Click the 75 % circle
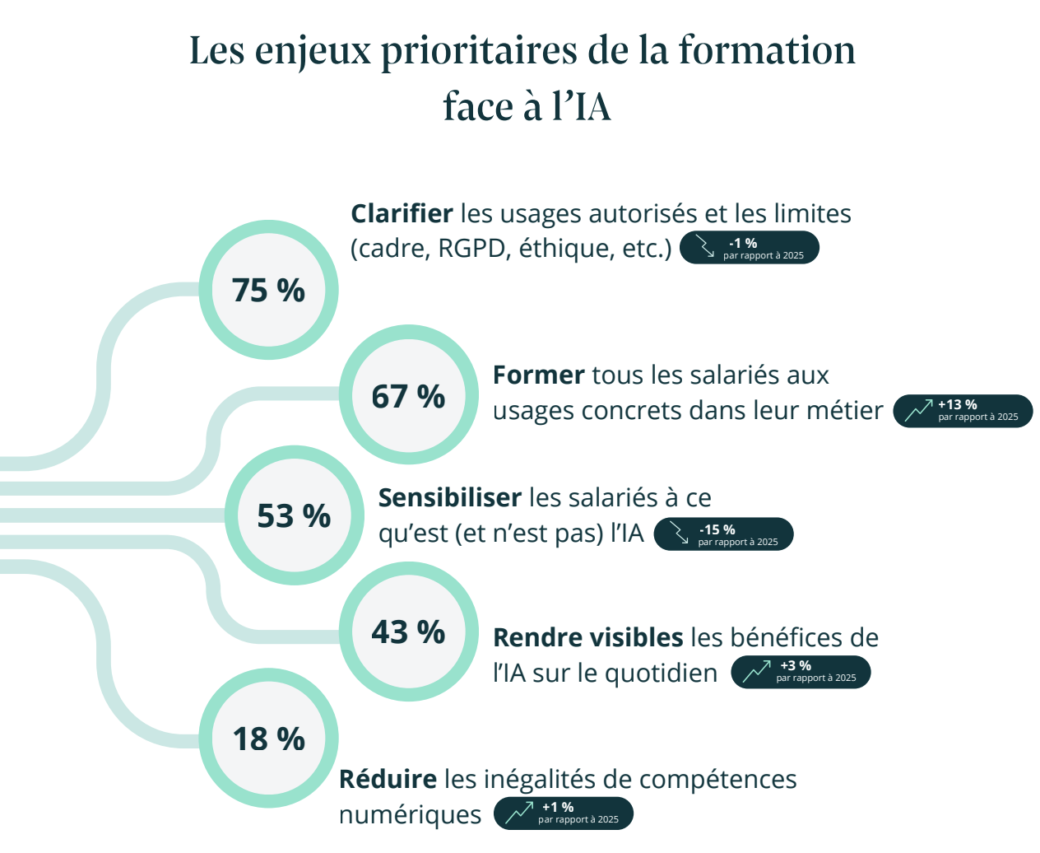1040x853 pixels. tap(268, 290)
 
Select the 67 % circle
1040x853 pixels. tap(408, 395)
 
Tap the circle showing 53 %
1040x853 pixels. tap(294, 515)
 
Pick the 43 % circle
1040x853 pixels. tap(408, 632)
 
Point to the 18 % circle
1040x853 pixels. tap(268, 739)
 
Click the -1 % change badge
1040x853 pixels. tap(750, 248)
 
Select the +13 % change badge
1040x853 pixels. tap(963, 410)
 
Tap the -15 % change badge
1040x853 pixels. tap(723, 534)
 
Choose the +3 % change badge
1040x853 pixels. tap(801, 672)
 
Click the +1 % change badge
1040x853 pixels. tap(564, 813)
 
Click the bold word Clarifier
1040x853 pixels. tap(402, 214)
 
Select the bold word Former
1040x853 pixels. tap(538, 375)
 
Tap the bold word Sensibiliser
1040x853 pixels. tap(449, 498)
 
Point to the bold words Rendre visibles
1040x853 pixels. tap(587, 638)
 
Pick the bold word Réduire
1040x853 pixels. tap(388, 779)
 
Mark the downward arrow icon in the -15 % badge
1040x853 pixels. tap(679, 534)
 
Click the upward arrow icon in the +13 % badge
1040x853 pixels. tap(918, 410)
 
